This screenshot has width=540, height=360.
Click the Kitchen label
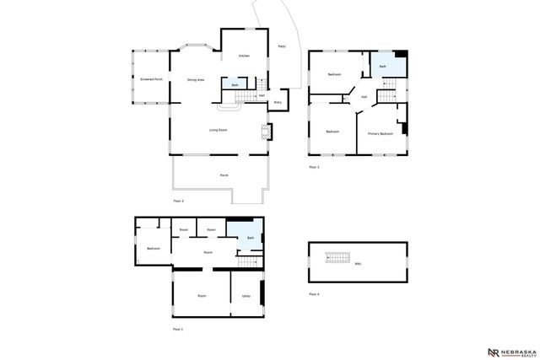244,56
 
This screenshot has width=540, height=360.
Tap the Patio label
281,46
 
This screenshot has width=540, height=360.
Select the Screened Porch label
152,78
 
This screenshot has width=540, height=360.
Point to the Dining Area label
196,79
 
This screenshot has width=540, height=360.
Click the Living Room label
219,130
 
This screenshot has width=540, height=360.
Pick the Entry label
278,102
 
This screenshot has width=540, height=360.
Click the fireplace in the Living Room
267,132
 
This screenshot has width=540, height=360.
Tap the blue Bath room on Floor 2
234,84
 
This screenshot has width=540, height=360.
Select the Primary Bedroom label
380,134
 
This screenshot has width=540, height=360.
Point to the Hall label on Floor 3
364,97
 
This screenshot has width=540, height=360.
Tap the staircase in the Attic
337,257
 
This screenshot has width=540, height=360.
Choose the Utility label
246,296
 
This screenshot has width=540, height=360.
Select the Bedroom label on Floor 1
154,248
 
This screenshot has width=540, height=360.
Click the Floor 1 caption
177,328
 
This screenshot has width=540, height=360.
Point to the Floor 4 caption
314,293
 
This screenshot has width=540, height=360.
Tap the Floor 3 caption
314,167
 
